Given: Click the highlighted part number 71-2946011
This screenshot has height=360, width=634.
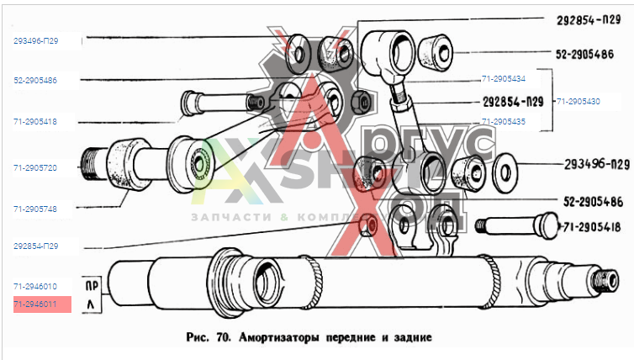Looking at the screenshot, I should (x=34, y=304).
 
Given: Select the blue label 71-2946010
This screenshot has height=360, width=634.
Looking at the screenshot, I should (x=34, y=287).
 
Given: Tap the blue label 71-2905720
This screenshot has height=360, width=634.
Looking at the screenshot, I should (x=34, y=168).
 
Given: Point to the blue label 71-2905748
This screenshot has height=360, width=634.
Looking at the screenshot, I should (x=34, y=208).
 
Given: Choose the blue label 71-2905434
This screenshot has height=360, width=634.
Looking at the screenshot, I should (x=504, y=79).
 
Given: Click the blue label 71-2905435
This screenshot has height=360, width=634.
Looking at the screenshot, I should (x=504, y=121).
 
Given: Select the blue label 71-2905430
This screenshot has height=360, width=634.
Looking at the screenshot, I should (x=578, y=101).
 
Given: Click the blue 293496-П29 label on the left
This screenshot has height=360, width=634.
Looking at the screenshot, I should (x=34, y=40).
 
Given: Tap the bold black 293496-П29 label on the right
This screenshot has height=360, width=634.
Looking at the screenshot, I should (x=585, y=163).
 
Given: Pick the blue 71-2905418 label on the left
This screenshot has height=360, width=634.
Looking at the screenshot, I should (x=34, y=122).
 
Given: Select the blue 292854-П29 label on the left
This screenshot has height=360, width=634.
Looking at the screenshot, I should (x=34, y=246).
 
